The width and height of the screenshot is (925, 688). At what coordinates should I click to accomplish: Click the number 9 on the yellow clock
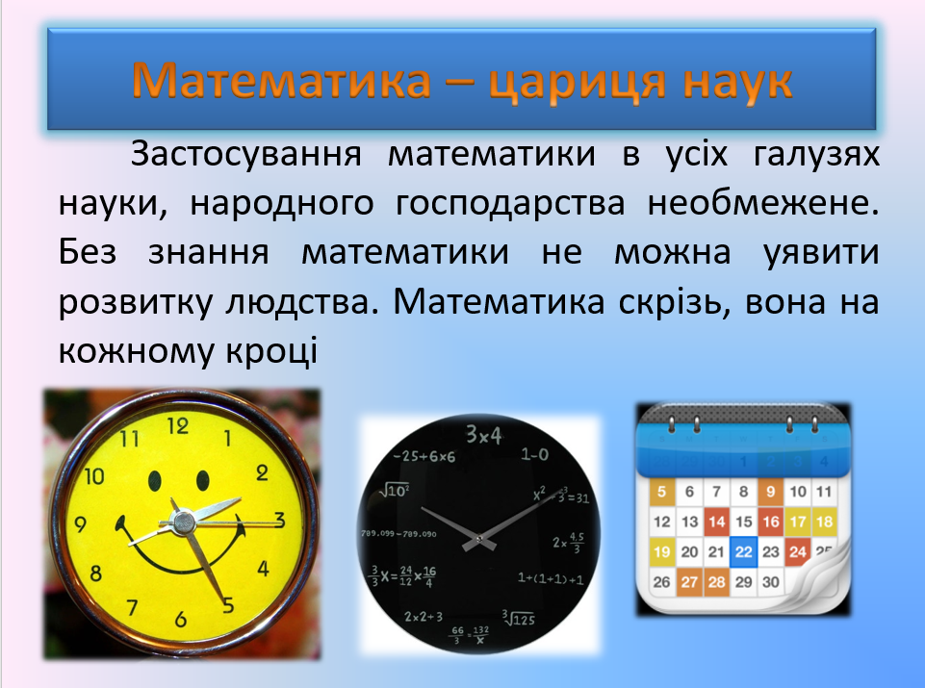click(81, 525)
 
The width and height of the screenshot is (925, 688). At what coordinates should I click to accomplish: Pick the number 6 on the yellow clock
click(180, 620)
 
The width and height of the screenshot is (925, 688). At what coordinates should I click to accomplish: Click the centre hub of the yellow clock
click(181, 522)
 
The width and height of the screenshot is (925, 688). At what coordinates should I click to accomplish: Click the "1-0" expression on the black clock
click(534, 453)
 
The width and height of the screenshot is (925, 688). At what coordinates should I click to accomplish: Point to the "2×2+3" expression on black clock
click(424, 616)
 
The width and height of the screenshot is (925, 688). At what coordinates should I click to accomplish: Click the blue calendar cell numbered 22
click(742, 552)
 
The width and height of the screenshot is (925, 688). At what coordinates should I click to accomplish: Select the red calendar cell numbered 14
click(715, 522)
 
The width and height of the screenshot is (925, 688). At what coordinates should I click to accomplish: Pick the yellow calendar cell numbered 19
click(660, 552)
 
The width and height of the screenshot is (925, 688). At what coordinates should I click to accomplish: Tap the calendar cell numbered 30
click(769, 582)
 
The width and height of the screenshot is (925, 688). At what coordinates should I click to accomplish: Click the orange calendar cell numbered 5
click(661, 493)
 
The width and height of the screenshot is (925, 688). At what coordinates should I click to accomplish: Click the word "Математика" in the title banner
click(281, 82)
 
